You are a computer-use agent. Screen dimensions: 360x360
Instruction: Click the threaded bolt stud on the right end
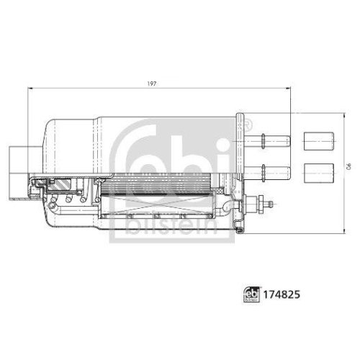[x=267, y=204]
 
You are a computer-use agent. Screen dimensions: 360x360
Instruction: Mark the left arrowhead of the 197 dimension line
[x=31, y=89]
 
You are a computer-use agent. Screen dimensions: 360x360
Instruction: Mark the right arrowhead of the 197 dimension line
[x=289, y=89]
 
